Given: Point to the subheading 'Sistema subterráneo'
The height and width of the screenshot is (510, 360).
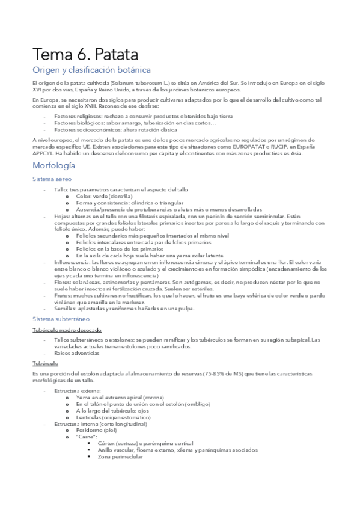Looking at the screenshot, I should [59, 319].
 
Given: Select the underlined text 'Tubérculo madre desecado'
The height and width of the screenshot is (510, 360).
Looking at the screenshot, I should [67, 330].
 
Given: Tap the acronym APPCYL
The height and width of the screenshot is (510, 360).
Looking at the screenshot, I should [44, 152].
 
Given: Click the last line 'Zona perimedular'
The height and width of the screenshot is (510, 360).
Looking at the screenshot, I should [120, 456].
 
